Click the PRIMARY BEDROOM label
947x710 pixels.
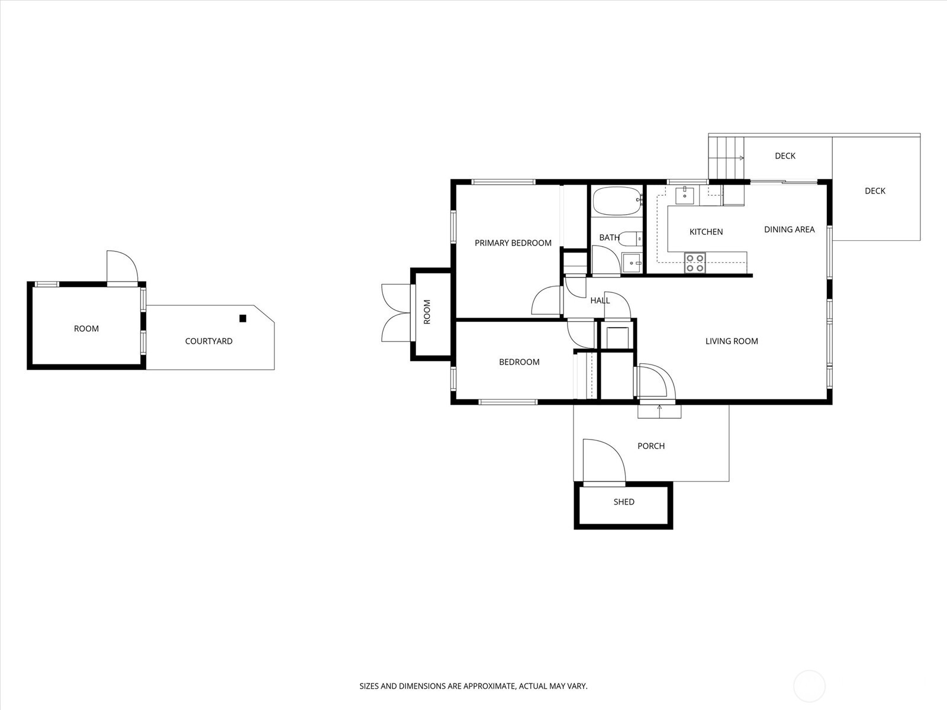(513, 243)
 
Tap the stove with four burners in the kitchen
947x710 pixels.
(695, 263)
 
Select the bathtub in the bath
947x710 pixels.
(616, 201)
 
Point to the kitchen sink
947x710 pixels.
(685, 194)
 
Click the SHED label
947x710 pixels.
(624, 502)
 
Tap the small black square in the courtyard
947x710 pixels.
(243, 318)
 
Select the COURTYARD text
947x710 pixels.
(208, 341)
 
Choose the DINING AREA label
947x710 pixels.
(789, 229)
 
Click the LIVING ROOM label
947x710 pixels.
(732, 341)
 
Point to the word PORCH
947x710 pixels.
(651, 446)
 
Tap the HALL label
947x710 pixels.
(600, 300)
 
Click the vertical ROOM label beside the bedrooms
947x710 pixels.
(427, 312)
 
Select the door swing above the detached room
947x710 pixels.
(121, 267)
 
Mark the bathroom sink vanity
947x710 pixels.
(632, 263)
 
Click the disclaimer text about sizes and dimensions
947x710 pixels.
(474, 686)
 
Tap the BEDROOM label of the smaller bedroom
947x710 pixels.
(519, 362)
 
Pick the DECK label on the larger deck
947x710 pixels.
(875, 191)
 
